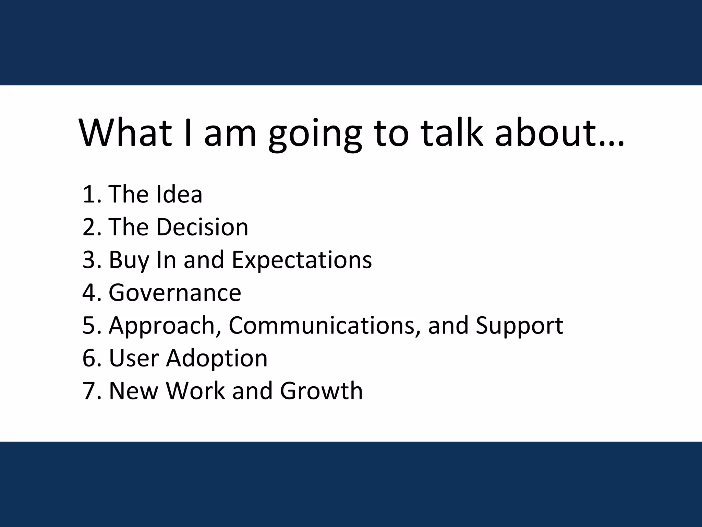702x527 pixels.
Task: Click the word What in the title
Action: (125, 133)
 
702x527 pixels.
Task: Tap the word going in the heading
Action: (315, 136)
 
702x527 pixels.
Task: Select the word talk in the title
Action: (452, 133)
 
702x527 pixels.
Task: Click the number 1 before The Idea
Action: (88, 195)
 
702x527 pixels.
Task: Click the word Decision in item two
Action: (202, 227)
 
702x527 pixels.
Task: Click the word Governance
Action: (175, 293)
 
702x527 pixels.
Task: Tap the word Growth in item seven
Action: (321, 391)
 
